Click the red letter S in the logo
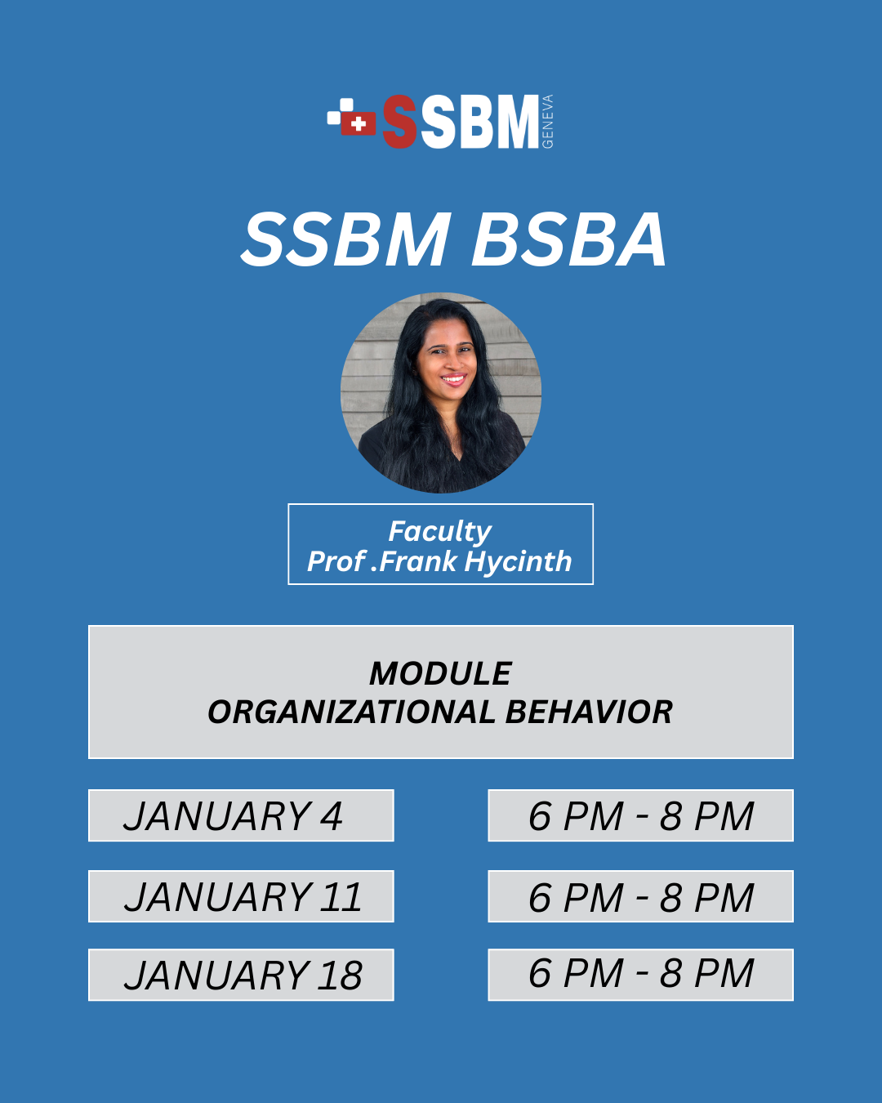tap(399, 122)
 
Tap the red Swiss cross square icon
tap(359, 123)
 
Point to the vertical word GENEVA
tap(547, 122)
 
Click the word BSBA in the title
tap(568, 240)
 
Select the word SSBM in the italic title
tap(345, 240)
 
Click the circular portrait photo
tap(441, 393)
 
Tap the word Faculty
tap(439, 532)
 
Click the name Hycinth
tap(518, 562)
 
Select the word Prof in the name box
tap(336, 561)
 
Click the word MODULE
tap(440, 673)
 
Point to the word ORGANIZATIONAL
tap(351, 712)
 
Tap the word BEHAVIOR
tap(589, 712)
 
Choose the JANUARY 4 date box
tap(241, 815)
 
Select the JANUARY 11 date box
tap(241, 896)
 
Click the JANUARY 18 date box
tap(241, 975)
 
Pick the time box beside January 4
tap(640, 815)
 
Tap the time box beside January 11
tap(640, 896)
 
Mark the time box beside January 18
tap(640, 975)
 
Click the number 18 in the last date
tap(340, 975)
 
